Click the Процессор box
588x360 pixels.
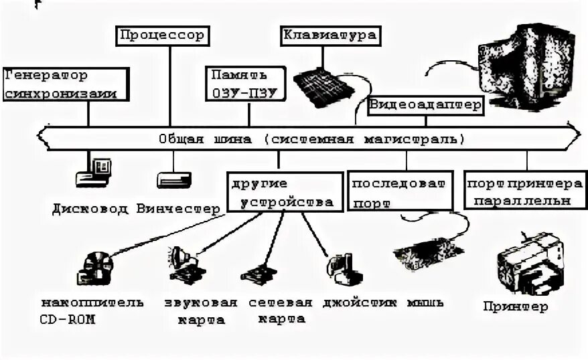163,35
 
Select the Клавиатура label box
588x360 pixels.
329,35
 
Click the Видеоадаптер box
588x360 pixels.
425,104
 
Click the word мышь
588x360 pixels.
425,302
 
